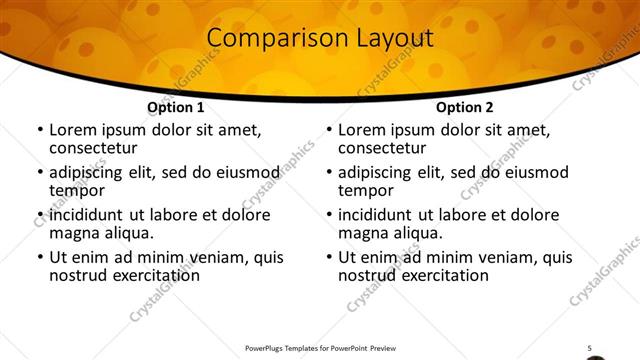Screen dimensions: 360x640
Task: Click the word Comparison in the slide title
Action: point(268,39)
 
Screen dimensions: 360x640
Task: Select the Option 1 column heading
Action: point(176,107)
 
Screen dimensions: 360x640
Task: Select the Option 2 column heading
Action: point(465,107)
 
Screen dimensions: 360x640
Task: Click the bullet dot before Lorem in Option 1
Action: point(39,130)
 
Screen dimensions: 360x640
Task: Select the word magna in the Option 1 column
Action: point(75,233)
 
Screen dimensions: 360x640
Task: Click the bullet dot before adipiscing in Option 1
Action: point(39,172)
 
